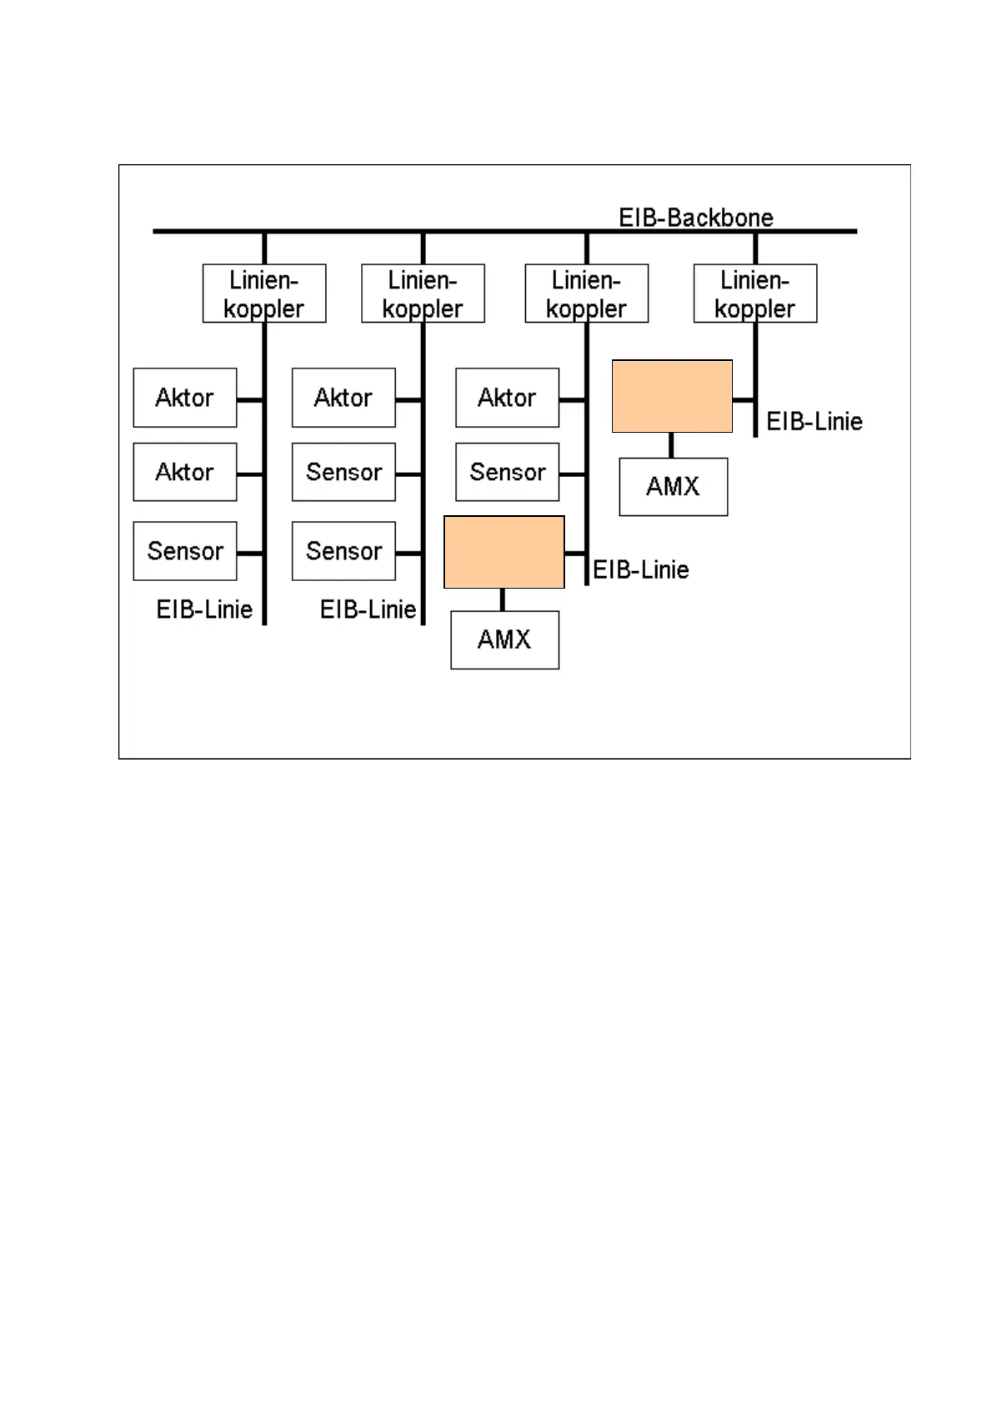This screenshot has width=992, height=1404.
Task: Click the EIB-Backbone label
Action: click(695, 218)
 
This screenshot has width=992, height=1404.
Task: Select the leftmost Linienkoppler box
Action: click(264, 293)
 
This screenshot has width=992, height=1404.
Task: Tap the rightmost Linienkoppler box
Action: click(754, 293)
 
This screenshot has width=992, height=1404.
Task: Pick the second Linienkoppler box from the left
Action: click(423, 293)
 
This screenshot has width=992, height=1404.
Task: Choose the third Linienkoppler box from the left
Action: click(586, 293)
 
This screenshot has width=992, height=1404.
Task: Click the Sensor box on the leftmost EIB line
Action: click(185, 551)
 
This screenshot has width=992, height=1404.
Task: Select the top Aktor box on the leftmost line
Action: click(185, 398)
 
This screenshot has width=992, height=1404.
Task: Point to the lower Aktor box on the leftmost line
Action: click(185, 472)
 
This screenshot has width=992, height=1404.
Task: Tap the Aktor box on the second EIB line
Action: click(343, 398)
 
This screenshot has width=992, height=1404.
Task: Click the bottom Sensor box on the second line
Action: click(343, 551)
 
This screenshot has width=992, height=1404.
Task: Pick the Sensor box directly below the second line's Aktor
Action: click(343, 472)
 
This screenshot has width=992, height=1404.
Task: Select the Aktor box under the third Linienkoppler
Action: click(507, 398)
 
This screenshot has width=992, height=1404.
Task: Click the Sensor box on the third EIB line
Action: click(507, 472)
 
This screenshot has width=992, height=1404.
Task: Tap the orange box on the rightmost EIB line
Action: click(672, 396)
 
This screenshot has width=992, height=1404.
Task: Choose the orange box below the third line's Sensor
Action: click(504, 552)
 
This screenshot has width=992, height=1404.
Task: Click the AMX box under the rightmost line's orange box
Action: click(674, 487)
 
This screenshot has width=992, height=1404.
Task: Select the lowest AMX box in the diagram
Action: click(504, 640)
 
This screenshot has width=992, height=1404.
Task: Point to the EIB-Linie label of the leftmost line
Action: click(204, 609)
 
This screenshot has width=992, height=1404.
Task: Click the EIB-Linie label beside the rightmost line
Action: click(814, 421)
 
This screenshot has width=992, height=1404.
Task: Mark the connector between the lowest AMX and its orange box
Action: click(503, 599)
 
